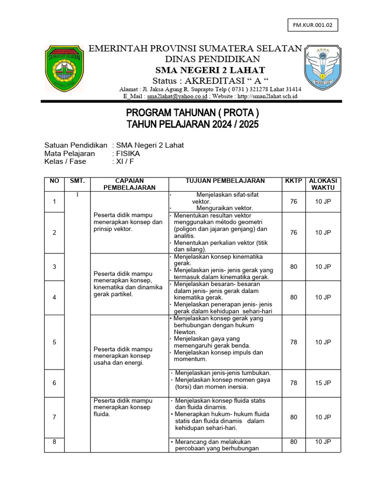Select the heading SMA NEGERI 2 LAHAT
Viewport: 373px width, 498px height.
point(197,70)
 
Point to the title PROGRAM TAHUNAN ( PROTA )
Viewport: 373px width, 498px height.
point(193,113)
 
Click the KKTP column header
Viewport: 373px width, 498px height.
point(293,181)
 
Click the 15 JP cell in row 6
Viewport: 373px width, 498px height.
point(322,383)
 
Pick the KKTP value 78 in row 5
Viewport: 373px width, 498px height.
point(293,342)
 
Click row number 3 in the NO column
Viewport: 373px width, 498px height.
point(54,267)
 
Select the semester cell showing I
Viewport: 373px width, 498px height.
point(77,195)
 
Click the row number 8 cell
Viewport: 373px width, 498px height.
point(54,442)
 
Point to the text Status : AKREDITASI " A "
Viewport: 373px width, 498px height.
point(196,80)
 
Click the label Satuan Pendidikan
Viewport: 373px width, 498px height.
point(75,145)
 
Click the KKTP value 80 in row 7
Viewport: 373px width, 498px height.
point(293,417)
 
